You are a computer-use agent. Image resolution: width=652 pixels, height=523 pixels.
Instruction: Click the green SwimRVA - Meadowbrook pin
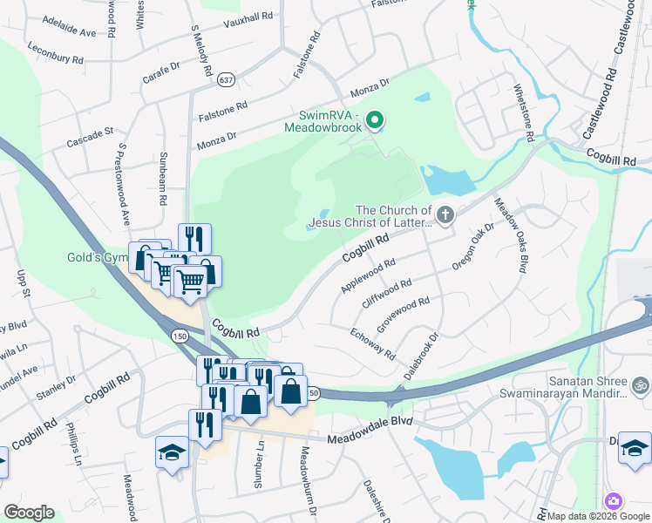coord(375,119)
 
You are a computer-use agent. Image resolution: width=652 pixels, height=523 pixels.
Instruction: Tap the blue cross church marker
coord(445,215)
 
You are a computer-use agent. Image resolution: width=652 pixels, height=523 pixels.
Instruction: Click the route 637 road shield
coord(227,78)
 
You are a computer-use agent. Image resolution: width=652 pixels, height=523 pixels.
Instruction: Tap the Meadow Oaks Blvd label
coord(512,235)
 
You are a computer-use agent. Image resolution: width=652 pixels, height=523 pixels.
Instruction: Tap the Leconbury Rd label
coord(55,53)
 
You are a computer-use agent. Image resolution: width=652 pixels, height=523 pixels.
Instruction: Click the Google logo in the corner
coord(29,513)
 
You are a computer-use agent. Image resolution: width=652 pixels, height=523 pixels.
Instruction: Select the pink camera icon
coord(614,500)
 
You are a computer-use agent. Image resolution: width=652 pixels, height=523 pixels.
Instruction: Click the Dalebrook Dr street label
coord(421,355)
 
